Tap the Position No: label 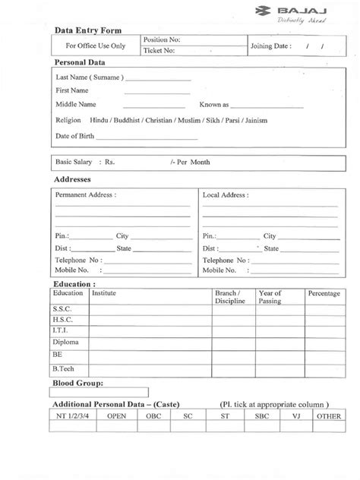click(163, 39)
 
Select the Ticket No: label click(159, 51)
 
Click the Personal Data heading click(79, 64)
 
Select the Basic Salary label click(74, 163)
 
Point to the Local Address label click(225, 195)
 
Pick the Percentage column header click(324, 292)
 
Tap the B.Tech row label click(63, 368)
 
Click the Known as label click(214, 105)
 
